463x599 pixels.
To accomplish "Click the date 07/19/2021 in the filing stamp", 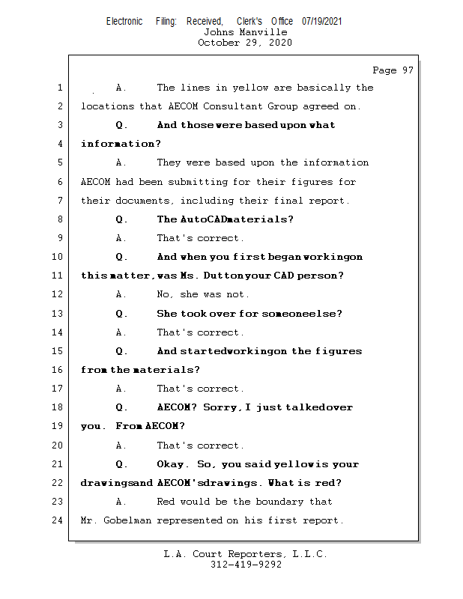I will (x=322, y=21).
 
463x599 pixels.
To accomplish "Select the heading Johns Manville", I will (x=245, y=32).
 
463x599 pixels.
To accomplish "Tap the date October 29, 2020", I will (x=245, y=43).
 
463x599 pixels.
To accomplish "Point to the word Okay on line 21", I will (x=173, y=464).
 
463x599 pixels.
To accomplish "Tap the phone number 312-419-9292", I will (x=246, y=565).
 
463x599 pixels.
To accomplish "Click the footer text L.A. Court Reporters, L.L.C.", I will (x=246, y=554).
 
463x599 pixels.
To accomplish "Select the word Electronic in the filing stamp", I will (x=124, y=21).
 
